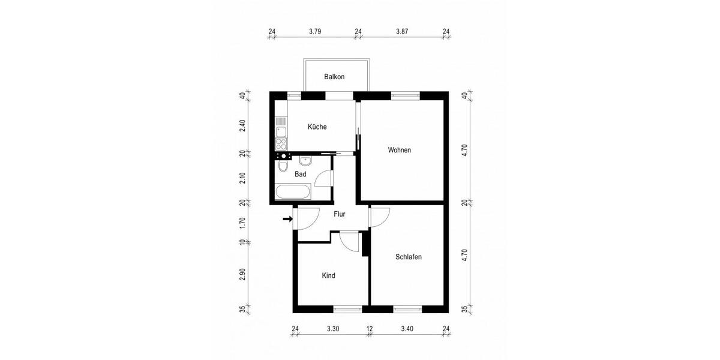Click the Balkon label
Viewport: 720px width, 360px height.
coord(334,77)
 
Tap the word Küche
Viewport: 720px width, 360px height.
coord(317,127)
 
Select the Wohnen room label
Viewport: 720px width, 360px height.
coord(400,150)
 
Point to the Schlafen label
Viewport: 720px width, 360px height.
coord(409,257)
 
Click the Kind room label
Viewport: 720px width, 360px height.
coord(328,276)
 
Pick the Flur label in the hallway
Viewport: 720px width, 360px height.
coord(339,214)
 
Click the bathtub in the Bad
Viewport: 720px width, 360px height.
coord(293,193)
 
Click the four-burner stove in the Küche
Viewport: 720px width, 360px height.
coord(281,143)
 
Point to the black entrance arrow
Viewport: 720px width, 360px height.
coord(287,219)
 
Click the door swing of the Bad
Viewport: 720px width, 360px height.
coord(323,179)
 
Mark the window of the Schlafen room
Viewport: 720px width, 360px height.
coord(408,310)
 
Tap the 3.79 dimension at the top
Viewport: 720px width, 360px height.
coord(315,31)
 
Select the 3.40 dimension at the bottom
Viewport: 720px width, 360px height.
coord(407,329)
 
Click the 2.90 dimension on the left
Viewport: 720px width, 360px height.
coord(242,274)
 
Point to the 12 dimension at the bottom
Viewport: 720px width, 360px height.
coord(370,329)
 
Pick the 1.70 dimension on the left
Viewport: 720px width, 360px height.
coord(242,222)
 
